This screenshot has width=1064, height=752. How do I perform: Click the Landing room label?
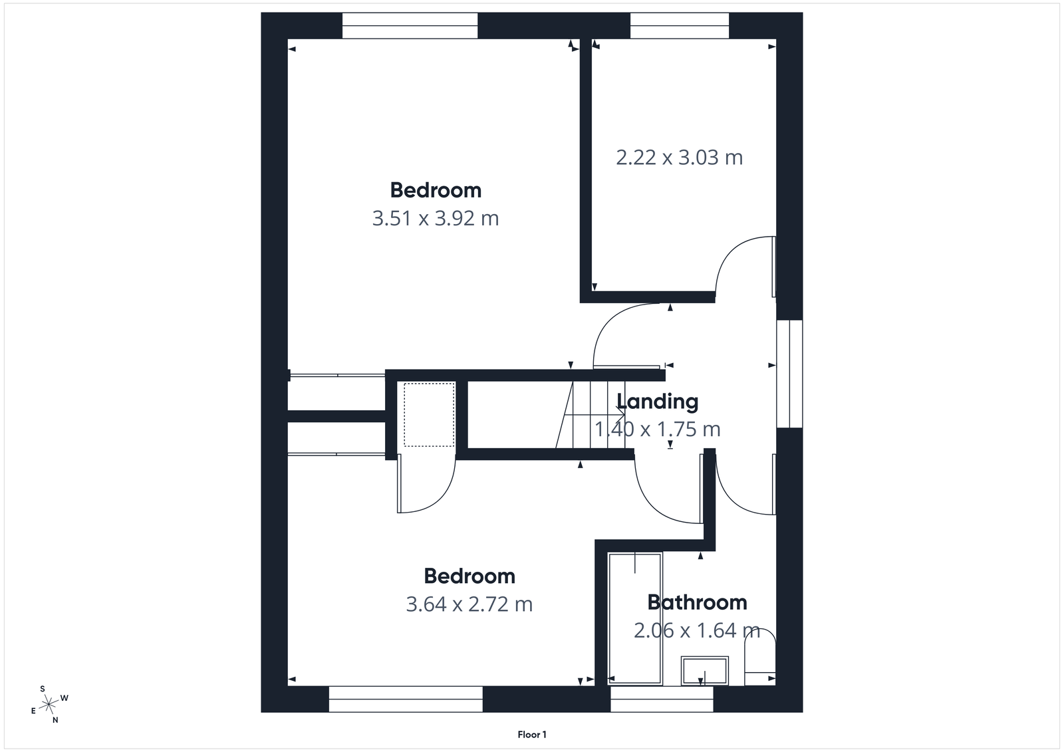(657, 402)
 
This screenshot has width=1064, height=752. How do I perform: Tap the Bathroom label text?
(697, 602)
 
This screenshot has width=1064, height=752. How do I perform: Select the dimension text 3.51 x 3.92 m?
(435, 218)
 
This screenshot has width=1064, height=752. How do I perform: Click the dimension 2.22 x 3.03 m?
(679, 158)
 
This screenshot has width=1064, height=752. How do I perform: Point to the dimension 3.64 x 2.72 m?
(469, 604)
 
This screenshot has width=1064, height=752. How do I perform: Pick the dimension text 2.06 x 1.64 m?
(696, 630)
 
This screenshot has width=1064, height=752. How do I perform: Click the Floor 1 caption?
(532, 735)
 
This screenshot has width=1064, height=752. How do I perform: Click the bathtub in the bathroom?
(635, 618)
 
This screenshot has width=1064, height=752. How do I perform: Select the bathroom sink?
(705, 670)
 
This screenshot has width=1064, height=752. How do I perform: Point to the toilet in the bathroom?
(759, 655)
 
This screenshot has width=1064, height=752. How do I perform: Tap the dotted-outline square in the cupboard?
(429, 414)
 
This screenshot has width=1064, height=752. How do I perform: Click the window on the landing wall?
(789, 374)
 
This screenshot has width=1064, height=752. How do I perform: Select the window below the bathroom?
(662, 699)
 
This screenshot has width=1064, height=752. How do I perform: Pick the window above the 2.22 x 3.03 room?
(679, 26)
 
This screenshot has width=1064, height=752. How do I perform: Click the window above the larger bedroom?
(410, 26)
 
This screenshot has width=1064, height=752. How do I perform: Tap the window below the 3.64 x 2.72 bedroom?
(405, 699)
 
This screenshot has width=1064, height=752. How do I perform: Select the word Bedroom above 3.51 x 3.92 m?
(436, 190)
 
